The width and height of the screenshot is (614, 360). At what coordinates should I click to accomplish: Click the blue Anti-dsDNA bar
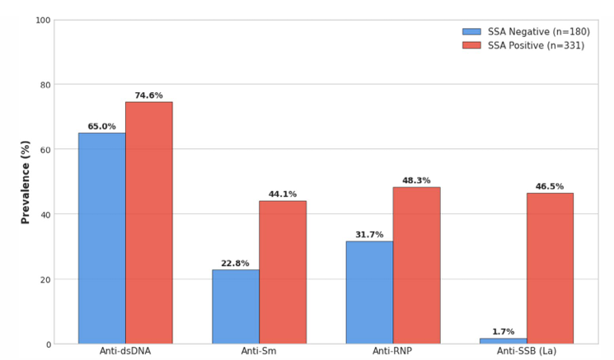pyautogui.click(x=102, y=238)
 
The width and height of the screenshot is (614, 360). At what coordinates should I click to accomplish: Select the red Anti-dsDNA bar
pyautogui.click(x=149, y=223)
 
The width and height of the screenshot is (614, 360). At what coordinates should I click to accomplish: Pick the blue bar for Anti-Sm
pyautogui.click(x=236, y=306)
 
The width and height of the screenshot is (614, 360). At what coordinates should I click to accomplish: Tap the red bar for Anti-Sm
pyautogui.click(x=283, y=273)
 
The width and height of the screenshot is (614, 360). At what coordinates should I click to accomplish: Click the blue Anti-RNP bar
pyautogui.click(x=370, y=292)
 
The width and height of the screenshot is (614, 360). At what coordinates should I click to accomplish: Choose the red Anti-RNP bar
pyautogui.click(x=417, y=266)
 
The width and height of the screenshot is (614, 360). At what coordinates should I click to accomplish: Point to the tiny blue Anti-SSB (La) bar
pyautogui.click(x=504, y=341)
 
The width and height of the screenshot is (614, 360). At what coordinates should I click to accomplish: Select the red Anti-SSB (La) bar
pyautogui.click(x=551, y=269)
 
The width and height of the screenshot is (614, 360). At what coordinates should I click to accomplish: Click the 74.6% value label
pyautogui.click(x=149, y=96)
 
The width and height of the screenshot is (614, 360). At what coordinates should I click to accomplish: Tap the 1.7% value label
pyautogui.click(x=504, y=332)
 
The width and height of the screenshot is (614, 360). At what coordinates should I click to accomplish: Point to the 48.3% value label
pyautogui.click(x=416, y=180)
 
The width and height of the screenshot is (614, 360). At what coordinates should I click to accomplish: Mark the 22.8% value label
pyautogui.click(x=235, y=264)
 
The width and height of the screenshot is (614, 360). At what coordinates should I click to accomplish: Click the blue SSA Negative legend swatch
pyautogui.click(x=472, y=31)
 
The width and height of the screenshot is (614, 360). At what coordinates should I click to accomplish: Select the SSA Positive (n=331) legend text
pyautogui.click(x=536, y=46)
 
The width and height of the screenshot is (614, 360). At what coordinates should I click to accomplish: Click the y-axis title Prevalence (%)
pyautogui.click(x=26, y=182)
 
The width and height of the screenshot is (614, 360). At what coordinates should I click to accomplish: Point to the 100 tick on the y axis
pyautogui.click(x=43, y=21)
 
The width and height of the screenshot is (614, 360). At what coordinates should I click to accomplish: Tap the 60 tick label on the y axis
pyautogui.click(x=46, y=149)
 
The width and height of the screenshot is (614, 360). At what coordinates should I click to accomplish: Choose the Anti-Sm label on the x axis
pyautogui.click(x=259, y=351)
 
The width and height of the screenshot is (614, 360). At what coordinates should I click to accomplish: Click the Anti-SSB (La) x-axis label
pyautogui.click(x=527, y=351)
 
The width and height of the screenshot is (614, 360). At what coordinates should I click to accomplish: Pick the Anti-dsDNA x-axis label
pyautogui.click(x=125, y=351)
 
